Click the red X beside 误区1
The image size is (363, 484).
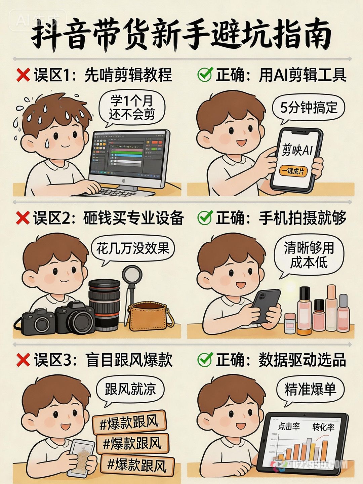point(23,75)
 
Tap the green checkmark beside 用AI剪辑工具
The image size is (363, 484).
point(205,75)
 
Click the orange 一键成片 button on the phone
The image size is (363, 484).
point(293,171)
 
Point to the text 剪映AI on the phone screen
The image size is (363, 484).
point(297,150)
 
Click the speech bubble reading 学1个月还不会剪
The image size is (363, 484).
point(132,108)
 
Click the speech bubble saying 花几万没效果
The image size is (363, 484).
point(132,249)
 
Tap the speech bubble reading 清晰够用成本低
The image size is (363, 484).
point(309,255)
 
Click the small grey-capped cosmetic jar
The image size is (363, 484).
point(289,323)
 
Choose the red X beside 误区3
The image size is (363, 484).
point(23,360)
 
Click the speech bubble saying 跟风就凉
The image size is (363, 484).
point(130,389)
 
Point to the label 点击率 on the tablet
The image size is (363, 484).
point(289,427)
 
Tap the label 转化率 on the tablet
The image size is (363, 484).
point(323,427)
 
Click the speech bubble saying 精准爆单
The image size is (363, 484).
point(310,389)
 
